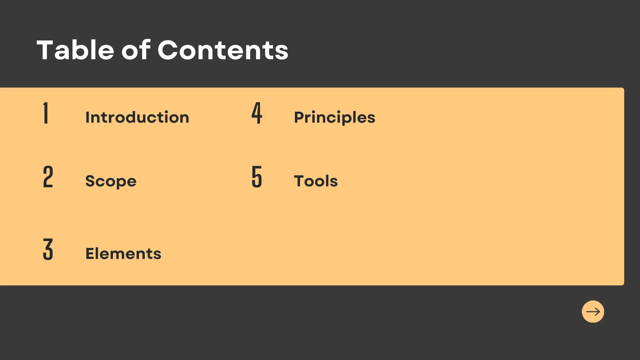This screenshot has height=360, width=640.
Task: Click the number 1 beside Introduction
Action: pos(46,113)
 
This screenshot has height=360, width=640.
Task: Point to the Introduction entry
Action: pos(137,117)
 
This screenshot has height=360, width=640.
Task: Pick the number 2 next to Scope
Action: pos(48,177)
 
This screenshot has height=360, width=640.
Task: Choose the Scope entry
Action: pos(111,181)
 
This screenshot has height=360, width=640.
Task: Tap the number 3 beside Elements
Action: pos(48,249)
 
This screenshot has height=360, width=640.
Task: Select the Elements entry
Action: pos(123,253)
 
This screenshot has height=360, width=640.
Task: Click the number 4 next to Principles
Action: pos(257,113)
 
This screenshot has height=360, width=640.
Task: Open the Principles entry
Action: pos(334,118)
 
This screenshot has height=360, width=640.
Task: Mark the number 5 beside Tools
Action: pos(257,177)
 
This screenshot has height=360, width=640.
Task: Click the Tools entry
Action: pos(316,181)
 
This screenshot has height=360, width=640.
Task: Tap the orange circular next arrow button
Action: pos(593,312)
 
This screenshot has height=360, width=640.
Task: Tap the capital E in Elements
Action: pos(90,253)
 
